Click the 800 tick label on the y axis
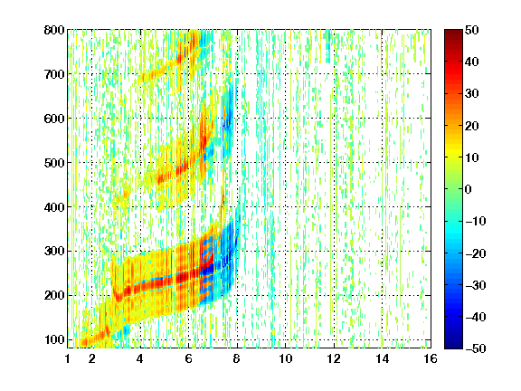tap(54, 30)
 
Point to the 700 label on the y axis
tap(54, 74)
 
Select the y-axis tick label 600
tap(54, 119)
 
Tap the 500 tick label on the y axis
tap(54, 163)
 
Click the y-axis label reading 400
tap(54, 207)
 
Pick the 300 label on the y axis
tap(54, 252)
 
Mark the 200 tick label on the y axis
tap(54, 295)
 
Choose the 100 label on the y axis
tap(54, 339)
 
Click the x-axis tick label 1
tap(68, 358)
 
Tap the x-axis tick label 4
tap(140, 358)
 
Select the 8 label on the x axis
tap(236, 358)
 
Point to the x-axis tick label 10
tap(285, 358)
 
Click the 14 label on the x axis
tap(382, 358)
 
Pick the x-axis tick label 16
tap(431, 358)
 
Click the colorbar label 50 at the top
tap(471, 30)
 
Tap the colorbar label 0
tap(469, 189)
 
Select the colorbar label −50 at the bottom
tap(476, 348)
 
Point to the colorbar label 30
tap(471, 94)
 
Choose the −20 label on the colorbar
tap(476, 253)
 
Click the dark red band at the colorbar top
tap(453, 36)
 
